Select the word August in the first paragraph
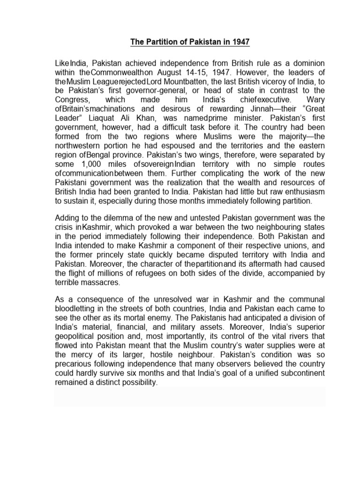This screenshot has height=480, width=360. pyautogui.click(x=172, y=72)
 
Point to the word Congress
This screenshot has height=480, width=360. pyautogui.click(x=71, y=99)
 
